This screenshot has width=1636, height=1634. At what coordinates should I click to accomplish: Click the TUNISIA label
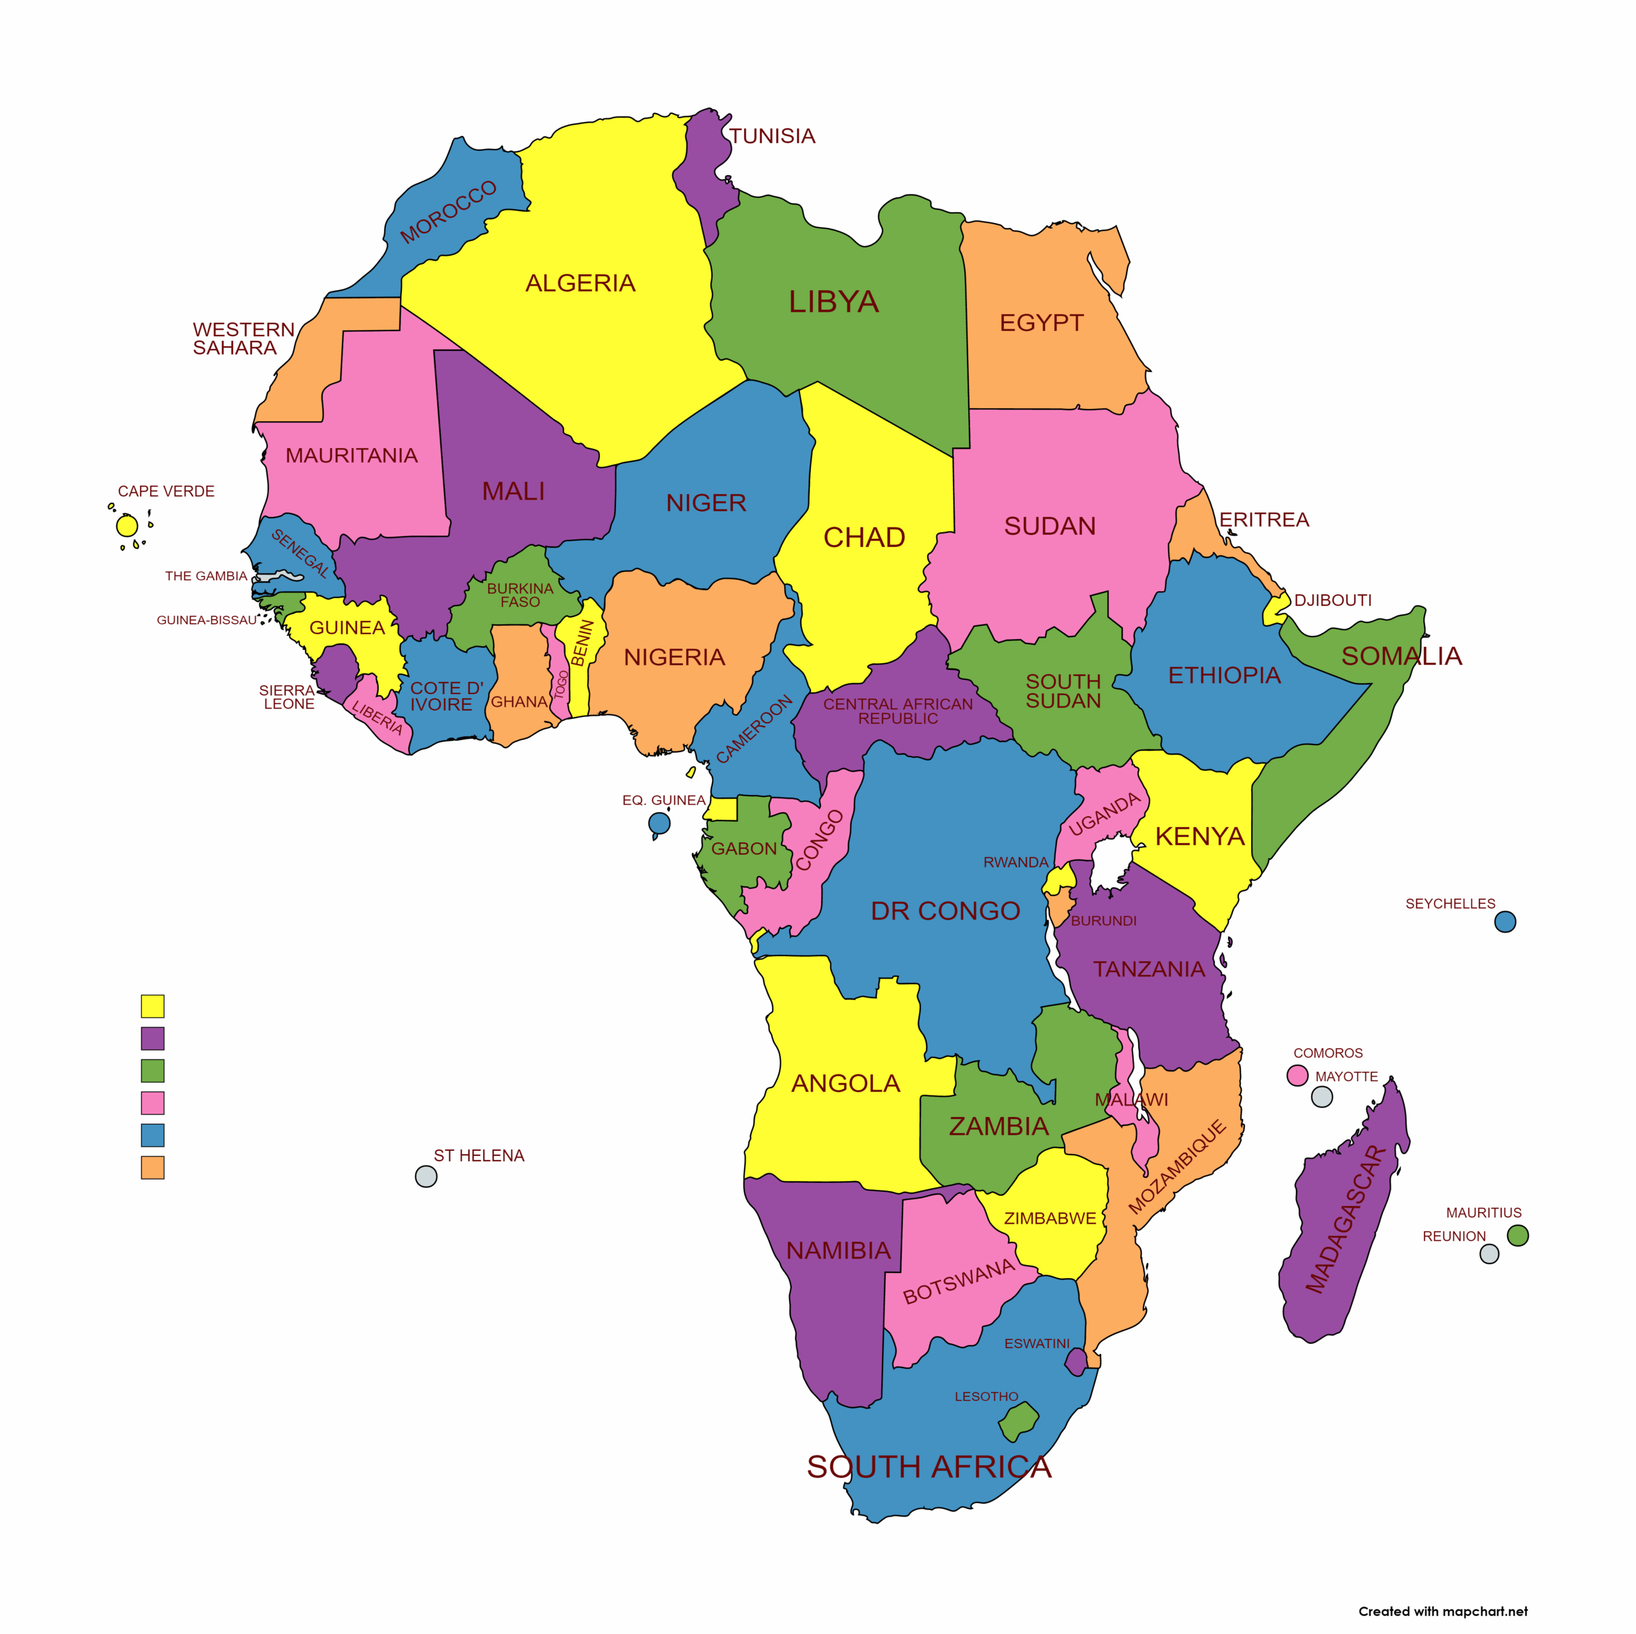771,136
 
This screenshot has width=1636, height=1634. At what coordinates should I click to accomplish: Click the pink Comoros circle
1297,1075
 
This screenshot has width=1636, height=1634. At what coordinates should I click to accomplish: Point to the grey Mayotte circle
1321,1097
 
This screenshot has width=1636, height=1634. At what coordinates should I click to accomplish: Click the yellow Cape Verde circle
127,526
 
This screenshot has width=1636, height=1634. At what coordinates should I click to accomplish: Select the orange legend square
153,1168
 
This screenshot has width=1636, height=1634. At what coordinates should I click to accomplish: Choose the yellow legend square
153,1006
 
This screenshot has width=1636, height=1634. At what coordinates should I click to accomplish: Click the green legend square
153,1070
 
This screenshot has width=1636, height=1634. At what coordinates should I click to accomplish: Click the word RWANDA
1015,862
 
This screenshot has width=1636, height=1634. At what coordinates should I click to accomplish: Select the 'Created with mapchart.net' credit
1442,1610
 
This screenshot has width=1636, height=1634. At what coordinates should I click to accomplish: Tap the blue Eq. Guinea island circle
659,823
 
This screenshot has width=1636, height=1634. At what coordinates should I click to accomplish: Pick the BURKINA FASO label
520,594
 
